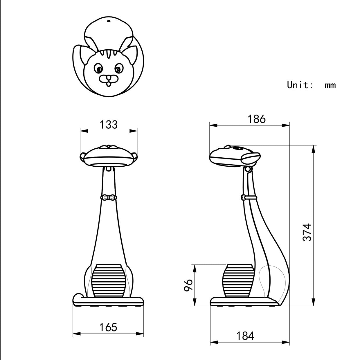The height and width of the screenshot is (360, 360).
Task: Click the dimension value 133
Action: tap(109, 124)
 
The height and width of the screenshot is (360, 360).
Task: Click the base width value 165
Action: tap(108, 327)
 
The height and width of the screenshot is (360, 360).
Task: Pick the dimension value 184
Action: tap(245, 336)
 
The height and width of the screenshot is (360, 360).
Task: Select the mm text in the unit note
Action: tap(330, 85)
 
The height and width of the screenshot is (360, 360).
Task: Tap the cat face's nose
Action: tap(108, 78)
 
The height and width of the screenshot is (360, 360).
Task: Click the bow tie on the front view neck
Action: tap(108, 197)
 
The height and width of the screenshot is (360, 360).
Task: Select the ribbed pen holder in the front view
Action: tap(109, 280)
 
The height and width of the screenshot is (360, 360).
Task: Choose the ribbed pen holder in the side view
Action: tap(239, 280)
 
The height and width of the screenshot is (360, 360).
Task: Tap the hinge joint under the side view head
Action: tap(248, 169)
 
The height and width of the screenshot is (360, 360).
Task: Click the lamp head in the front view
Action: tap(109, 155)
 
